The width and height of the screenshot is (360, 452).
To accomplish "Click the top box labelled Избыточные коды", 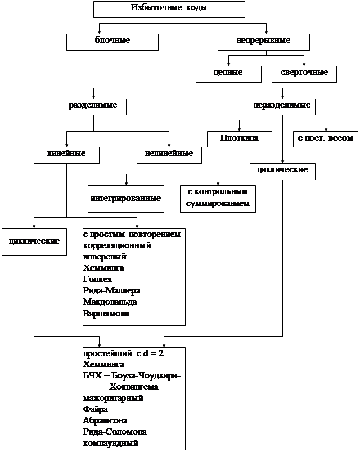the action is [169, 9].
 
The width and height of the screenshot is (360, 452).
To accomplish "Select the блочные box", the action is [112, 42].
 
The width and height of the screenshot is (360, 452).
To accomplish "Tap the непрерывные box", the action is [263, 42].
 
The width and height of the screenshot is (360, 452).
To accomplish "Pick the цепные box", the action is [228, 74].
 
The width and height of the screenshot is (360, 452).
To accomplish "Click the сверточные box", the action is [304, 74].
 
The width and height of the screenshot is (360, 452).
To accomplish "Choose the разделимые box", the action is [93, 106].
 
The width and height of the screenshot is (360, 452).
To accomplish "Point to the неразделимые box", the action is [282, 106].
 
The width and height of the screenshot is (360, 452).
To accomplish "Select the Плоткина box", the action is [240, 139].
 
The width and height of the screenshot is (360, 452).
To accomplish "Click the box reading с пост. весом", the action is [326, 139].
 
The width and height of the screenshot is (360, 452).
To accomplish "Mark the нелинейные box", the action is [169, 155].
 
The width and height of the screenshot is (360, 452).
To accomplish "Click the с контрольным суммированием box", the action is [218, 199].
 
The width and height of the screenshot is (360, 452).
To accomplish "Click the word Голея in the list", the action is [97, 280].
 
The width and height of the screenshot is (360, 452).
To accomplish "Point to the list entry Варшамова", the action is [106, 314].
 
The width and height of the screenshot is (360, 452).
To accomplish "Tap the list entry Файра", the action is [95, 409].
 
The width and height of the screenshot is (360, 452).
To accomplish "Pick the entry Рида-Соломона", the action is [115, 432].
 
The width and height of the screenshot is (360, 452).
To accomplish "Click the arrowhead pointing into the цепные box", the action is [228, 64].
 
